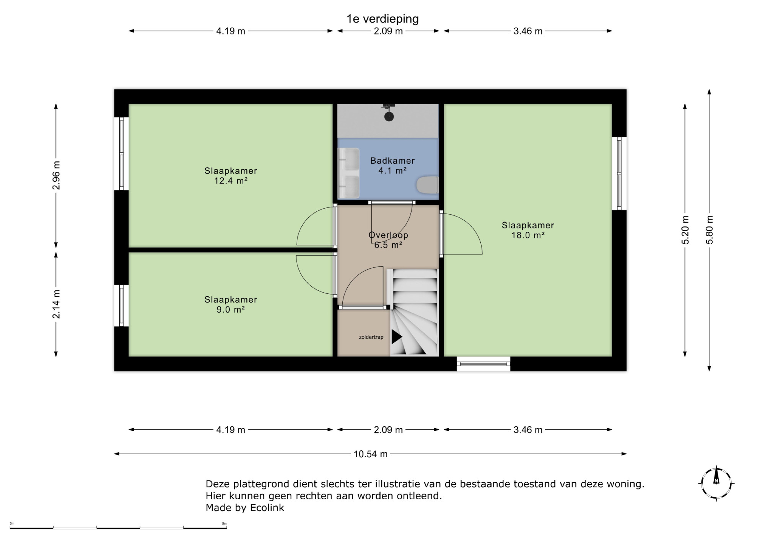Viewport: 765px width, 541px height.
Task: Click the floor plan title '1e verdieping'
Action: [382, 19]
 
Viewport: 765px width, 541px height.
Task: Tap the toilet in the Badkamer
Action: [427, 185]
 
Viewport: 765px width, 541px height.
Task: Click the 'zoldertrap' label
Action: [371, 337]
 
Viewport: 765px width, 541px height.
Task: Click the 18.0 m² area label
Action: [528, 235]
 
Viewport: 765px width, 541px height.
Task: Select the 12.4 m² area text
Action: [231, 181]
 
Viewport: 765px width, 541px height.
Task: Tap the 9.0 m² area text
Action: [231, 310]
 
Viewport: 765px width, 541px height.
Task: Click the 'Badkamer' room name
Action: [392, 161]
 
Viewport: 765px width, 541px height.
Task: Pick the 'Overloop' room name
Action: [388, 235]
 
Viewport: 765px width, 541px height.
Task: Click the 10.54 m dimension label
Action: [371, 454]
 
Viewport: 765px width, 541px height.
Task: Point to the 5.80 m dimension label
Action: [710, 230]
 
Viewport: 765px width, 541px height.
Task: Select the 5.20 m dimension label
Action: [685, 230]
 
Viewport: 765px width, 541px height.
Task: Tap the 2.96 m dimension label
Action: [56, 175]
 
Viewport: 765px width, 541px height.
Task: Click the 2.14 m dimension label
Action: [56, 304]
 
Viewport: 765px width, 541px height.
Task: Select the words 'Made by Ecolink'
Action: [245, 508]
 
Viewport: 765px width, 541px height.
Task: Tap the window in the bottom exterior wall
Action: [483, 364]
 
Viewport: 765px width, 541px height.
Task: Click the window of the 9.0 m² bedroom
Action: [121, 305]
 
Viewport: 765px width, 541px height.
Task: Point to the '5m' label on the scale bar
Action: [224, 523]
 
